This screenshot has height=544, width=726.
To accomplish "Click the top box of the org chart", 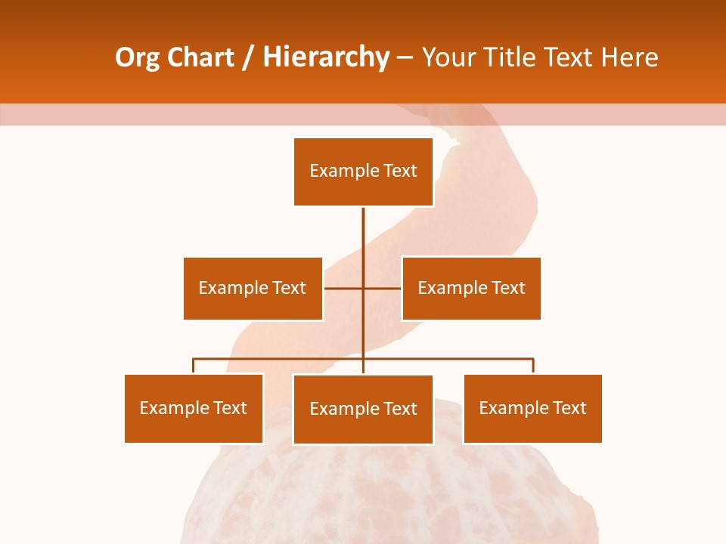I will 363,172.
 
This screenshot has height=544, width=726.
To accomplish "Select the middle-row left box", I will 253,288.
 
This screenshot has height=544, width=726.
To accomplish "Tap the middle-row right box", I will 471,288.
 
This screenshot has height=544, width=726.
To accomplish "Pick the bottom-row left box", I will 194,408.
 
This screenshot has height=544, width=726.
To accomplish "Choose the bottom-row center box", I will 363,409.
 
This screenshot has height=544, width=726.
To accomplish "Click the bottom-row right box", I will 532,408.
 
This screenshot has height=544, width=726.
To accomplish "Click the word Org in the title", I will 137,58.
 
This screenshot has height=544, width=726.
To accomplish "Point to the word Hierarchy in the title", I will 326,58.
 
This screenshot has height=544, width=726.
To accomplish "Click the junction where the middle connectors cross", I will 363,288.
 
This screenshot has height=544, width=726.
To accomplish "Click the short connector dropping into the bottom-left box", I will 194,366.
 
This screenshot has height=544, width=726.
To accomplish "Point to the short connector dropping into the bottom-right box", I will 533,366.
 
